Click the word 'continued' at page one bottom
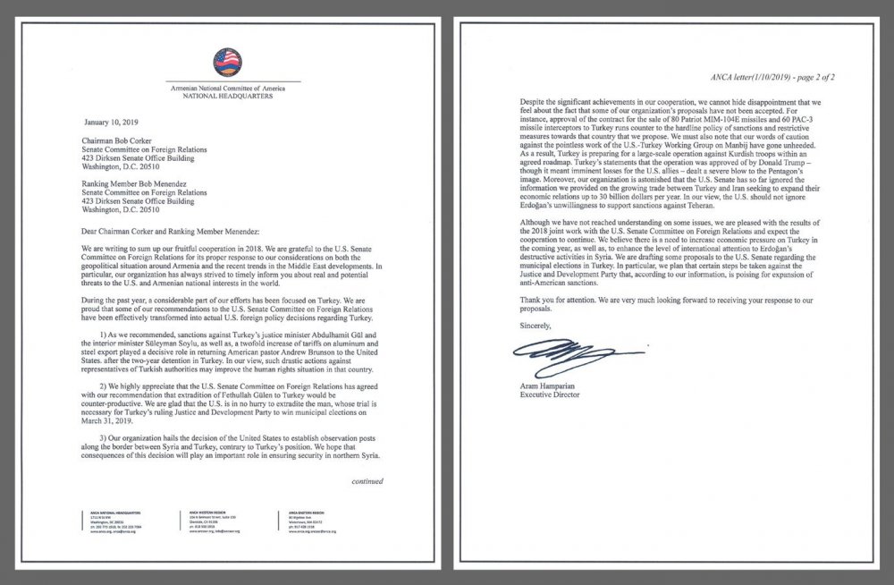pos(367,481)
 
